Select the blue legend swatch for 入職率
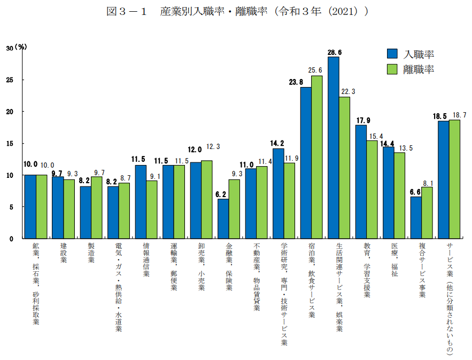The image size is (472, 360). tap(393, 53)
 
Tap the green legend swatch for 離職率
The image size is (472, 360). tap(393, 69)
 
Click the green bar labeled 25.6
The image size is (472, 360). tap(316, 157)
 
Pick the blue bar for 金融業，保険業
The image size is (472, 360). tap(223, 218)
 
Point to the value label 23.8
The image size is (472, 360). tap(296, 82)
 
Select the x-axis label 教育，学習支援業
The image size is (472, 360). tap(367, 270)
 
